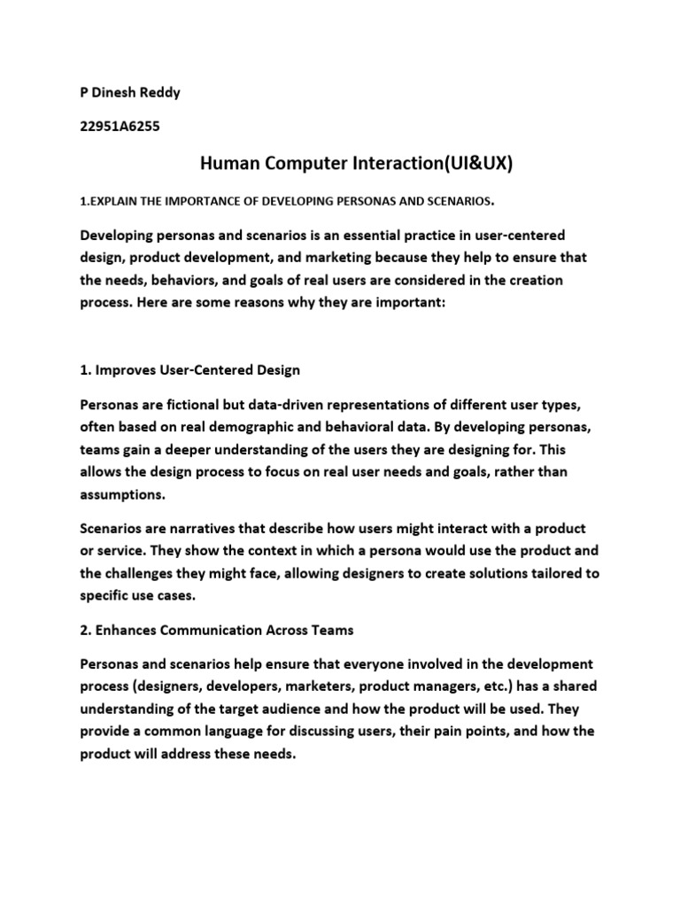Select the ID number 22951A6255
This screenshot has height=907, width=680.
pos(120,127)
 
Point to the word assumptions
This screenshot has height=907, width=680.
pos(123,495)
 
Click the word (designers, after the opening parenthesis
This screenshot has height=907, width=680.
pos(181,686)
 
